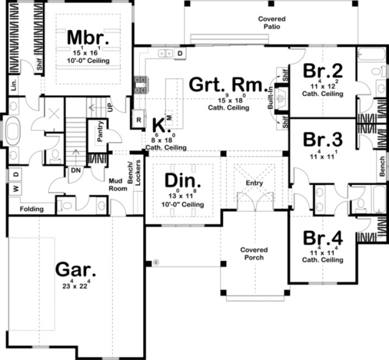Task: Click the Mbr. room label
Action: pos(88,39)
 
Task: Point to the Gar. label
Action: pos(76,269)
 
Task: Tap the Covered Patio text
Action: pos(272,22)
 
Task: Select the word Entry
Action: pos(254,183)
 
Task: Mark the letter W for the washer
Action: pos(16,189)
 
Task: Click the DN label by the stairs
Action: pos(76,170)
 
